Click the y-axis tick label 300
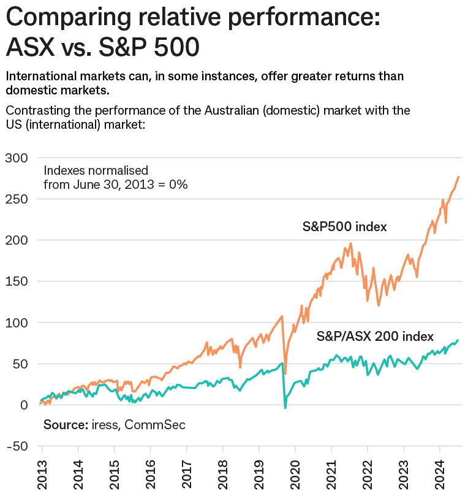(17, 158)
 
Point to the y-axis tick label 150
(17, 281)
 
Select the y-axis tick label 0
(23, 405)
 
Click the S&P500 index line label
(345, 227)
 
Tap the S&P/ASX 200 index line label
(375, 336)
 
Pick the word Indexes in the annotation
(62, 170)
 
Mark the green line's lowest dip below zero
(285, 408)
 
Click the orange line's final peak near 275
(459, 177)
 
